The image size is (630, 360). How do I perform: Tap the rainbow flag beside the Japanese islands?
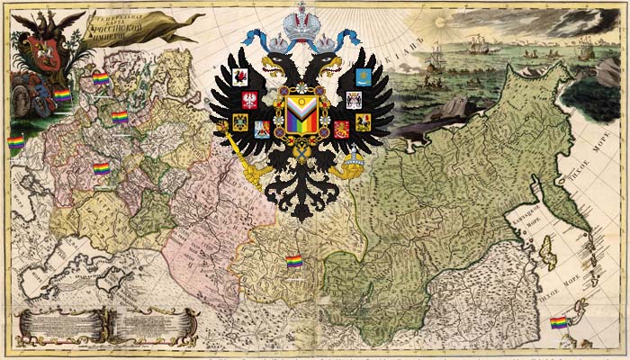[557, 321]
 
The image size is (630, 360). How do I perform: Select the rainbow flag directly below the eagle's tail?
[293, 260]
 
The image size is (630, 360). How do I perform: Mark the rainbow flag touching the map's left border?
[15, 142]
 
